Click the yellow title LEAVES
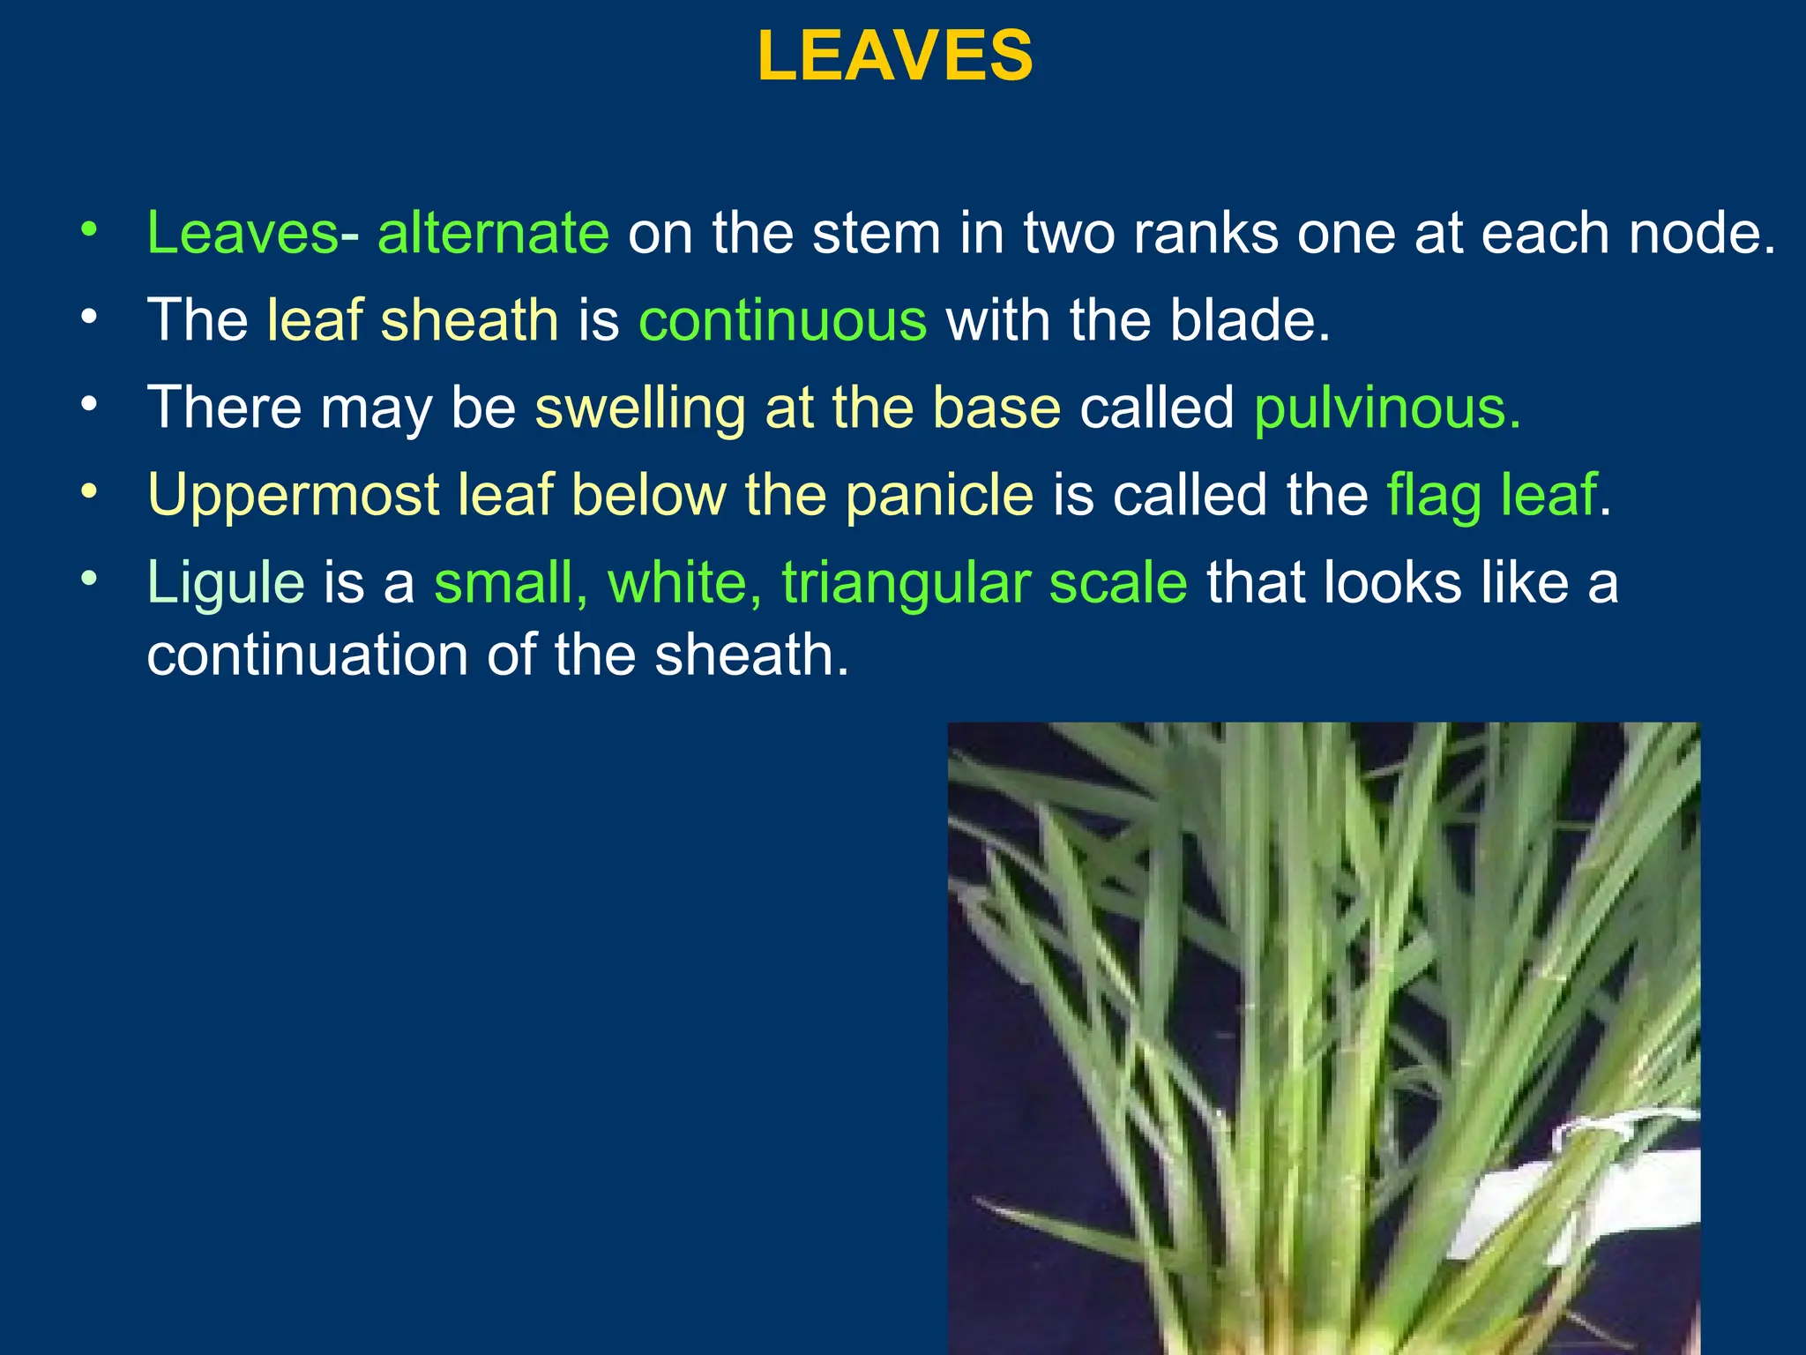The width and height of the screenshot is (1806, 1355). click(x=895, y=56)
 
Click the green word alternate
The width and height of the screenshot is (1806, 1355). click(x=493, y=233)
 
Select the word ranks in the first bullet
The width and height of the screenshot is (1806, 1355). click(x=1205, y=233)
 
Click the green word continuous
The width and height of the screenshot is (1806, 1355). click(x=782, y=319)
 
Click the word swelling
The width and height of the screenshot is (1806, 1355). click(x=640, y=408)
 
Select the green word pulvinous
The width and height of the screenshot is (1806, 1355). click(x=1387, y=408)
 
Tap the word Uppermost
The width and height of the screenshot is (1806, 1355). click(x=294, y=495)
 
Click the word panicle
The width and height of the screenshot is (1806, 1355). click(x=939, y=495)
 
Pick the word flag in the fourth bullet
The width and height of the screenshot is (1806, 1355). click(x=1434, y=495)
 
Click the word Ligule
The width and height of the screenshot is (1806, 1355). click(x=226, y=583)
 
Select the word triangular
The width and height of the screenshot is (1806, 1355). click(x=906, y=583)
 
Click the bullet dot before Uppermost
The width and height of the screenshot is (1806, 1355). click(x=87, y=491)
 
